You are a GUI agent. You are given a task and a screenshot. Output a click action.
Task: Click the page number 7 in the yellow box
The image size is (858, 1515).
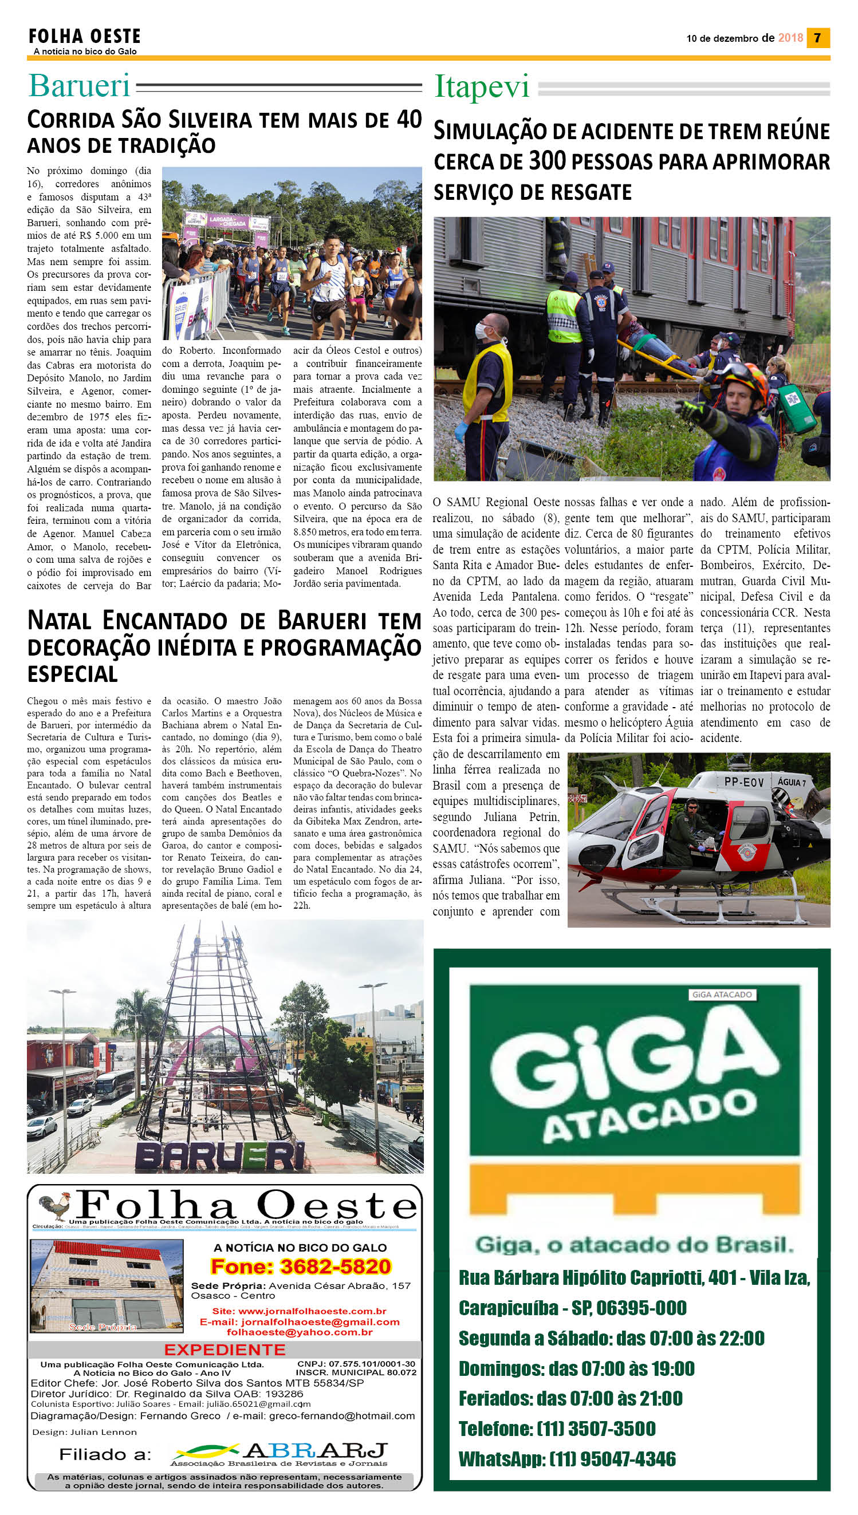[817, 38]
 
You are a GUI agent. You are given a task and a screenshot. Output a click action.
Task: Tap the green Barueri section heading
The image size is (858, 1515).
[79, 86]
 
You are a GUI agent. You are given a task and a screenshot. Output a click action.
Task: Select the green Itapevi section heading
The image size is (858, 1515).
[482, 88]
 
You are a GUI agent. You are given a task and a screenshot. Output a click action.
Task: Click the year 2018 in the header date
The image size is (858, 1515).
[790, 38]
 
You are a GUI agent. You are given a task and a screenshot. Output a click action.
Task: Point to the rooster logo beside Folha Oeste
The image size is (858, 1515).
[54, 1206]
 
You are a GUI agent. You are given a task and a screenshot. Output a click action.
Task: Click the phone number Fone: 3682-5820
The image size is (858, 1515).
[301, 1267]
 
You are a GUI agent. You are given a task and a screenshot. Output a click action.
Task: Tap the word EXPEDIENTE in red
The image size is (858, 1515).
[225, 1350]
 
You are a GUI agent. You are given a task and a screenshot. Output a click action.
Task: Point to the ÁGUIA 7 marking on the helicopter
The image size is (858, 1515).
[792, 782]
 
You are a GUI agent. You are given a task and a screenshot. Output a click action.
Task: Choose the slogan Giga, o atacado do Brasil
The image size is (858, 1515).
[634, 1245]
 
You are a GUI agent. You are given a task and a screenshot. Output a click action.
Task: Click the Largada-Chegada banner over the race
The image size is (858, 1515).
[227, 221]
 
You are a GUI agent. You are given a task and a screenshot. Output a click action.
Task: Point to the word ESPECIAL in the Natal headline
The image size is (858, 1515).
[73, 674]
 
